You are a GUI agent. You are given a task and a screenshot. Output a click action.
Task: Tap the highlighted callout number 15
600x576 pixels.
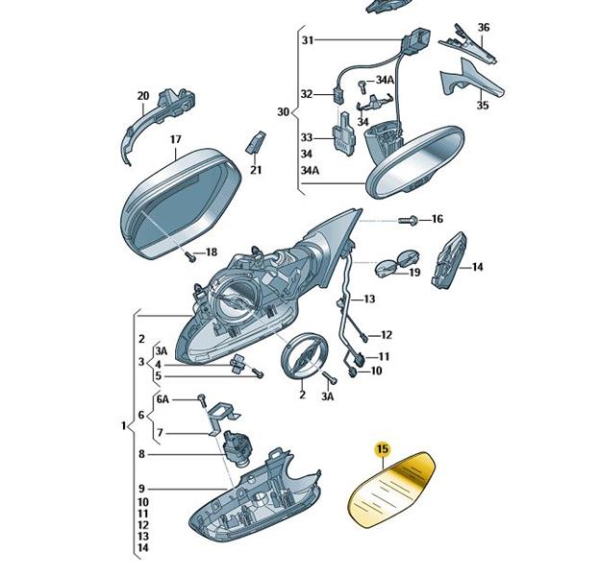383,448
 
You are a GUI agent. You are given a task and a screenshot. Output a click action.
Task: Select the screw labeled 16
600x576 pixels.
409,221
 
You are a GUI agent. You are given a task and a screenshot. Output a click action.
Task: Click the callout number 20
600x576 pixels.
143,95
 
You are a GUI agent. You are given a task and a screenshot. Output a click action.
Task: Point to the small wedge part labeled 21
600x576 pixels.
255,142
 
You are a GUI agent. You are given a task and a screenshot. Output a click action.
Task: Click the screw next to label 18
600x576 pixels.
190,256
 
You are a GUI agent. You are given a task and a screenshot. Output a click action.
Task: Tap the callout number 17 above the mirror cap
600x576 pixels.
175,139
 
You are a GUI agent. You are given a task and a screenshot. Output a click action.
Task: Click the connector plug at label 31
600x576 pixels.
416,41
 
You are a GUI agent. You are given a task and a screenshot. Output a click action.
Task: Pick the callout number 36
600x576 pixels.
484,27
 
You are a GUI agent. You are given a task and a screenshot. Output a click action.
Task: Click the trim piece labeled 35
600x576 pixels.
472,81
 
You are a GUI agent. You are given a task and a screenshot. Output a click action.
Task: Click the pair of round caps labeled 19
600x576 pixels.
397,262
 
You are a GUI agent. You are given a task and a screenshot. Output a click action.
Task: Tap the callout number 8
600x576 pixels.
141,454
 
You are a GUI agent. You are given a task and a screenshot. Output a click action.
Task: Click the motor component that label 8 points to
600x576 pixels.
237,447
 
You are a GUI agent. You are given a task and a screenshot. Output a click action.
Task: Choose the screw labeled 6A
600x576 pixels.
202,400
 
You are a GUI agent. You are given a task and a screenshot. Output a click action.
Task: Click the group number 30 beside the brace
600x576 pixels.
283,112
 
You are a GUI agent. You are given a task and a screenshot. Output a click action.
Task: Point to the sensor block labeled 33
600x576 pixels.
343,134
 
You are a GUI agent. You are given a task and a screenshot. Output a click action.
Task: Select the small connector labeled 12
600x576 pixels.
363,337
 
